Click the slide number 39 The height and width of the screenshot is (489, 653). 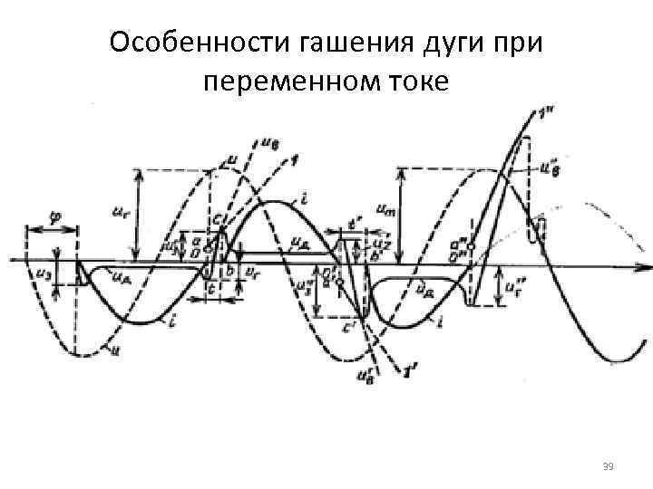click(609, 465)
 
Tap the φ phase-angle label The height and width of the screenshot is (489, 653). click(55, 216)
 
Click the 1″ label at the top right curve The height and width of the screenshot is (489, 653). click(546, 112)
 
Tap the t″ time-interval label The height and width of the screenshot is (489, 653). click(356, 223)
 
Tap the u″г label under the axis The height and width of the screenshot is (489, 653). click(514, 289)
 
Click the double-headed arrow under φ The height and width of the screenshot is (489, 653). click(54, 229)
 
